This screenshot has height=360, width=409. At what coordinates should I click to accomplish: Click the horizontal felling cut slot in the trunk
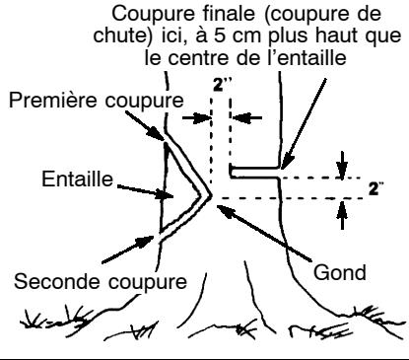click(x=254, y=173)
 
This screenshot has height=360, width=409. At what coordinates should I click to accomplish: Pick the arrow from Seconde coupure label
click(x=139, y=249)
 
